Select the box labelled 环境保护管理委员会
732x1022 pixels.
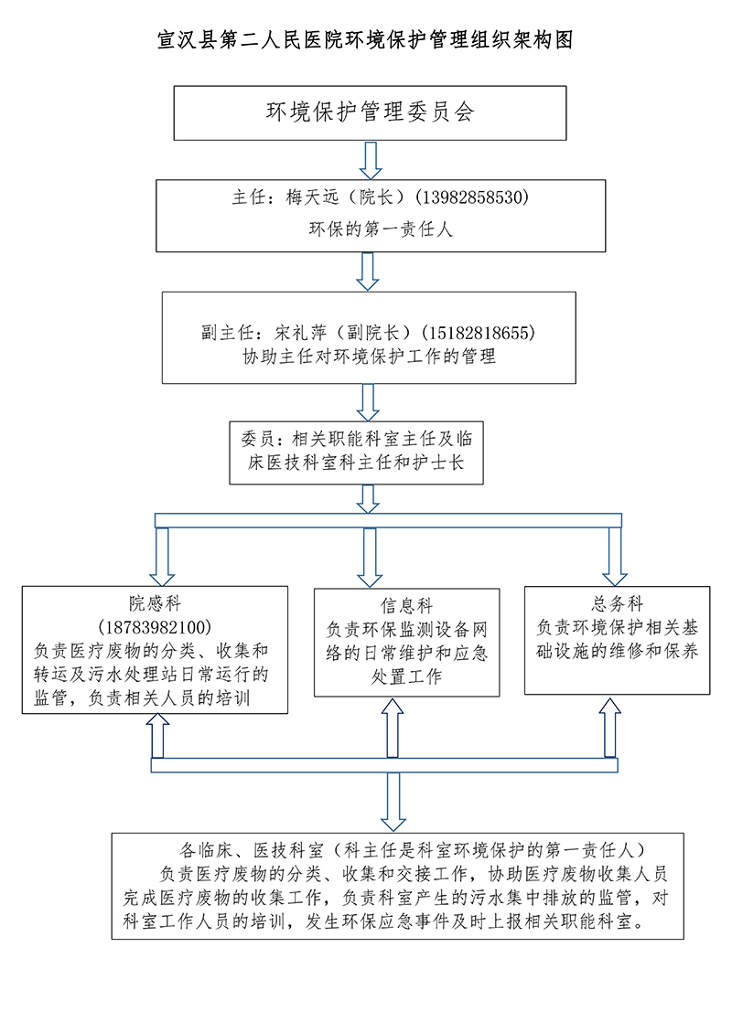click(x=370, y=113)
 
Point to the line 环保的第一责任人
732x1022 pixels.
click(x=380, y=229)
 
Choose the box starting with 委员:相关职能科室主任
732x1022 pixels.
click(x=356, y=451)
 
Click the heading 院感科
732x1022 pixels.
click(x=155, y=603)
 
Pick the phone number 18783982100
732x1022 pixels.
click(x=155, y=627)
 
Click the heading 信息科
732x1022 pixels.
click(x=406, y=607)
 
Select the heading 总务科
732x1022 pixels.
click(x=617, y=604)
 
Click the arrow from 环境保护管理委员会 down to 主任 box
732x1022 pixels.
click(x=370, y=160)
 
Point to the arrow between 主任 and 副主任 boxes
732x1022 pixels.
click(x=370, y=271)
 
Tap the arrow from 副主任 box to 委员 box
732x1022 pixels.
click(x=370, y=401)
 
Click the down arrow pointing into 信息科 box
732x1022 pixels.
click(x=370, y=557)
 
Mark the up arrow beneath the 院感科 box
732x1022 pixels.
click(x=156, y=736)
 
